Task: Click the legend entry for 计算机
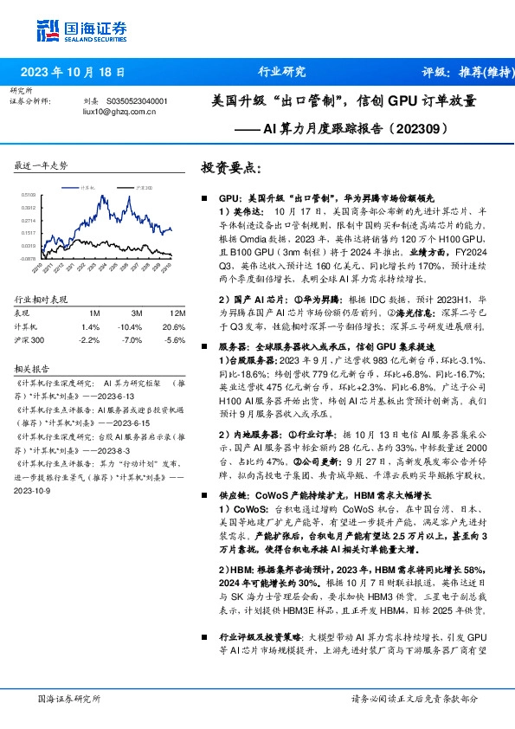coord(87,187)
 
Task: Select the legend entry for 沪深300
coord(145,187)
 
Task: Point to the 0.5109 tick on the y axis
coord(29,196)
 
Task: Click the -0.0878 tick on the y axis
coord(29,258)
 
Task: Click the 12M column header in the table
coord(178,313)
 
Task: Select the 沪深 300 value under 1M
coord(90,340)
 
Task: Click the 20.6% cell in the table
coord(175,326)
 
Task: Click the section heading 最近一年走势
coord(41,165)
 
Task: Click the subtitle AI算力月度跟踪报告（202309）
coord(357,131)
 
